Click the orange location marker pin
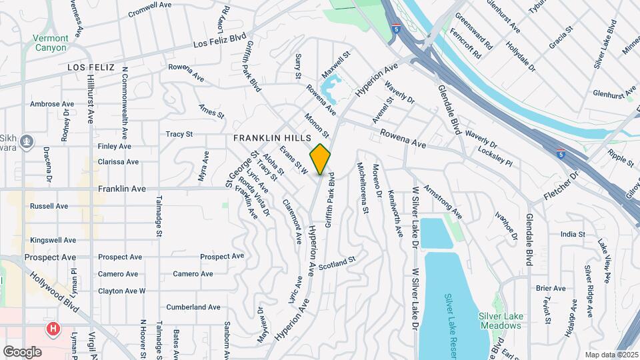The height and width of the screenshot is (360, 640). pos(321,159)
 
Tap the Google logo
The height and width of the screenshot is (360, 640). pos(23,351)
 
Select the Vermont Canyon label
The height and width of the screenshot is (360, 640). pos(50,43)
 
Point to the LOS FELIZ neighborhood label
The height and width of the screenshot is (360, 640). pos(91,68)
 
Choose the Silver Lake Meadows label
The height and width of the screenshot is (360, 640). pos(499,321)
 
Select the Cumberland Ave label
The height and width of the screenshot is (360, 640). pos(193,307)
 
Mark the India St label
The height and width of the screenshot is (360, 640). pos(573,234)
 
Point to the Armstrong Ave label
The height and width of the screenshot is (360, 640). pos(443,203)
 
